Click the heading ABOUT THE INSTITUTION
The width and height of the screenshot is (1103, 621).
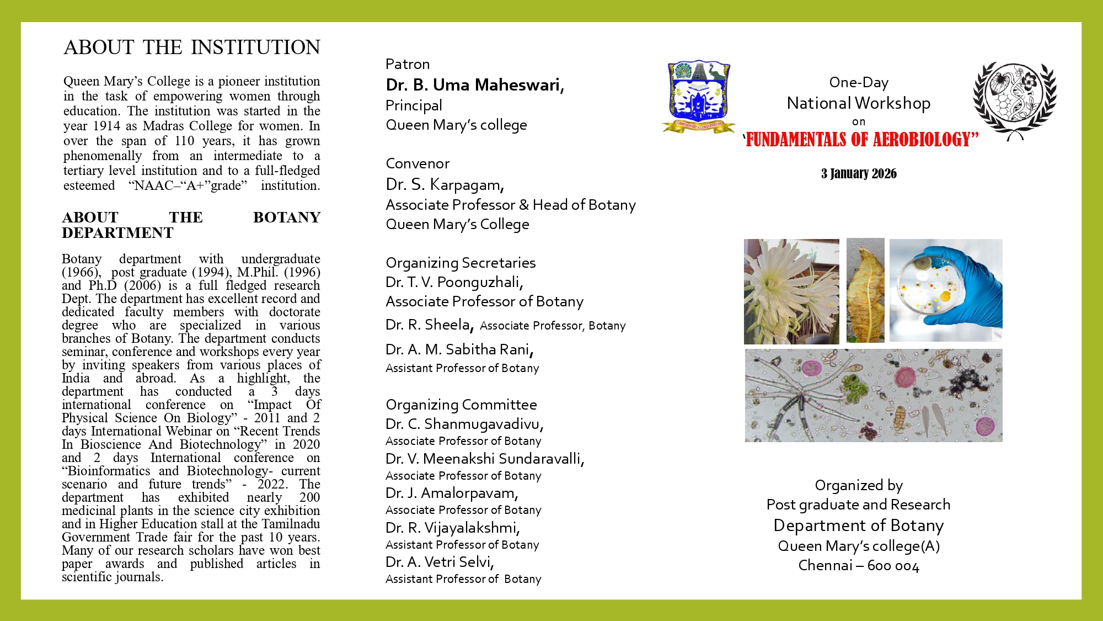191,47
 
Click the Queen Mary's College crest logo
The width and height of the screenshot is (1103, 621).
698,95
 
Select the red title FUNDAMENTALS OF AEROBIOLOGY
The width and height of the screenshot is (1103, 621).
861,140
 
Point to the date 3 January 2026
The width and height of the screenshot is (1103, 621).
859,174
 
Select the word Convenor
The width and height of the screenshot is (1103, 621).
417,164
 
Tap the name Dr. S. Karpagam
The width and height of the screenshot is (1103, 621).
445,184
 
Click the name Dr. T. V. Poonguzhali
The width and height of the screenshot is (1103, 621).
454,282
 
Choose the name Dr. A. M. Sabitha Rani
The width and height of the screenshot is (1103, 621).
459,349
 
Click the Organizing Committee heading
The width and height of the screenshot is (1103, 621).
461,405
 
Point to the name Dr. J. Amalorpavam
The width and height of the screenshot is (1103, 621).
452,493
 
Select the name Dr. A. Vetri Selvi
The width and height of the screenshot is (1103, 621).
440,562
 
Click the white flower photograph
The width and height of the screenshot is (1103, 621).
791,291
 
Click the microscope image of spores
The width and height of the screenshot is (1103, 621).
874,395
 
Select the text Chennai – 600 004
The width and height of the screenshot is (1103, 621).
859,566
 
